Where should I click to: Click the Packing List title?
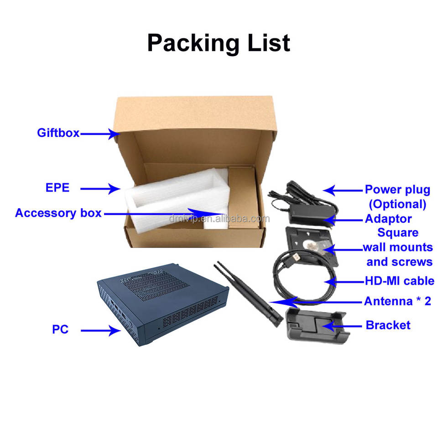coord(219,43)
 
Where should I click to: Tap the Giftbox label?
coord(58,133)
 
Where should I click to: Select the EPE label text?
coord(57,188)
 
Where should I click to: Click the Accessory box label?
coord(58,213)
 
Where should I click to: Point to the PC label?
coord(60,329)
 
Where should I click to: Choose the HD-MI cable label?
coord(399,281)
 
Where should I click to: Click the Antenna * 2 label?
coord(397,301)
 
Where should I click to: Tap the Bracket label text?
coord(388,325)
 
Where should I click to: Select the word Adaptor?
coord(388,219)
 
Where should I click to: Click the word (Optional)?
coord(397,204)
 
